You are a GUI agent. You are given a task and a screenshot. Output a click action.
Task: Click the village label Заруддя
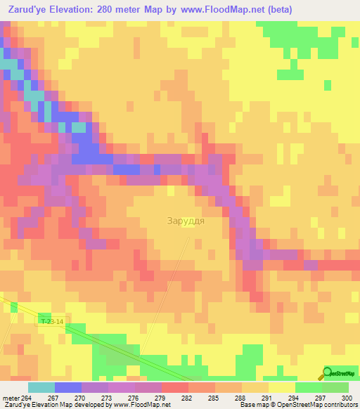point(186,221)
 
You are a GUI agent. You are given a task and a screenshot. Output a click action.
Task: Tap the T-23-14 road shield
point(52,321)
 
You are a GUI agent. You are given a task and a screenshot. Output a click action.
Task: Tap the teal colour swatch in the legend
point(41,387)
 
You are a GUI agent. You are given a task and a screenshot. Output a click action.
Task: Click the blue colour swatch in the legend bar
point(67,387)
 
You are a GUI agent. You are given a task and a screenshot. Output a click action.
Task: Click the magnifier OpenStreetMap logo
point(327,374)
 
